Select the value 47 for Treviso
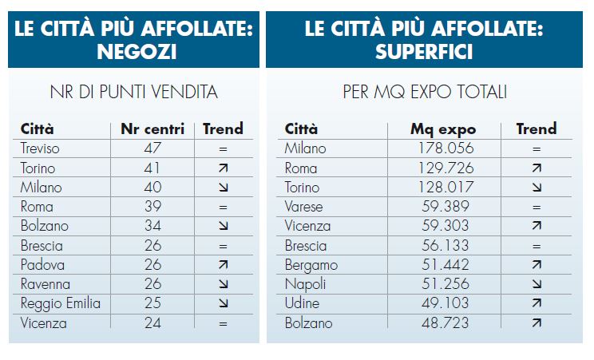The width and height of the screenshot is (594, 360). click(x=152, y=148)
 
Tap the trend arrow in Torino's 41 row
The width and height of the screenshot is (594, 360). click(x=223, y=168)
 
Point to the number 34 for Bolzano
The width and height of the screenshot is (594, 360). click(x=152, y=227)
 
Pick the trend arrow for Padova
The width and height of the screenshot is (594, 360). click(x=223, y=265)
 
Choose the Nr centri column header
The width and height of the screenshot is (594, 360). click(x=152, y=129)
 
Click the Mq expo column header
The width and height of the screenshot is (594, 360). click(x=443, y=129)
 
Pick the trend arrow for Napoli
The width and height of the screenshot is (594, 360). click(x=536, y=285)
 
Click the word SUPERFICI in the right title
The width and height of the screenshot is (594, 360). click(x=423, y=53)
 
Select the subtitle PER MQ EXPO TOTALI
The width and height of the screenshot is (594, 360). click(x=424, y=93)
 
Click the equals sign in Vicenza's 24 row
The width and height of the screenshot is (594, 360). click(x=223, y=324)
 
